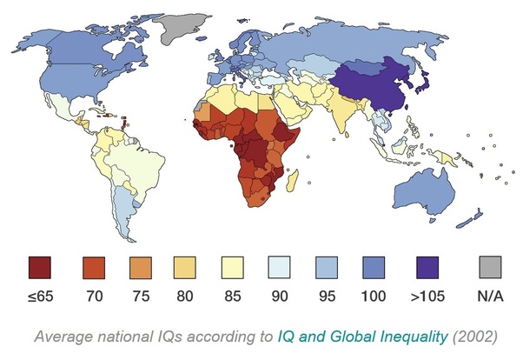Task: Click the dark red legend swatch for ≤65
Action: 40,268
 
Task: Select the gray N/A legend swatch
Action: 490,267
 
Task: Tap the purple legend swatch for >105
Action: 427,268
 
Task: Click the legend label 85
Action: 233,297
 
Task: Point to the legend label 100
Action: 374,297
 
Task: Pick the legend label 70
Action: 95,297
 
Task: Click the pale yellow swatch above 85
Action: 233,268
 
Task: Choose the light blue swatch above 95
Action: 327,268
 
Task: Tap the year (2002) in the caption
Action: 474,337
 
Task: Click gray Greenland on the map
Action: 181,30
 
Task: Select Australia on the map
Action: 424,192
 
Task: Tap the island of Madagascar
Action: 292,180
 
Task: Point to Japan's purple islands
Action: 422,83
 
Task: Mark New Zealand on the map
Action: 470,219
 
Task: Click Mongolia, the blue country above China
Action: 363,68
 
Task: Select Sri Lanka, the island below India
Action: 348,135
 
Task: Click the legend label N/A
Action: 490,297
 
